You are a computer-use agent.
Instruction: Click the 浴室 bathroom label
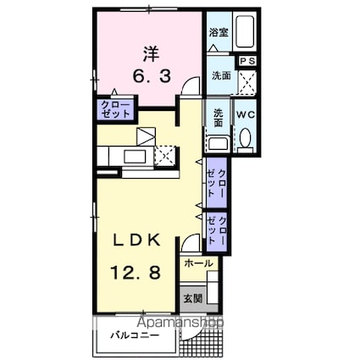(x=219, y=33)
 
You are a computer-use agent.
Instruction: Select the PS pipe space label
(x=247, y=61)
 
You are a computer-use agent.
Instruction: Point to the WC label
(x=246, y=115)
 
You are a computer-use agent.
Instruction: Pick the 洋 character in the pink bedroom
(x=151, y=54)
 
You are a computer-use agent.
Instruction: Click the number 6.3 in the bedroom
(x=152, y=76)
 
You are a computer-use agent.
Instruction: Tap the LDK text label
(x=137, y=241)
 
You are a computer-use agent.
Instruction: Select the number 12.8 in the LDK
(x=136, y=273)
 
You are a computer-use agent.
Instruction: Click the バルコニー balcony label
(x=135, y=335)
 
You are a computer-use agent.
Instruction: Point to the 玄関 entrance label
(x=193, y=298)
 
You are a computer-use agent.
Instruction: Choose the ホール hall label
(x=198, y=263)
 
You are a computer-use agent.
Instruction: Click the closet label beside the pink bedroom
(x=116, y=109)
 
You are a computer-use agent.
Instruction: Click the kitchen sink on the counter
(x=135, y=157)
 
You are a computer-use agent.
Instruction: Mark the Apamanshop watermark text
(x=181, y=323)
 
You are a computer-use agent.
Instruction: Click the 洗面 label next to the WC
(x=218, y=118)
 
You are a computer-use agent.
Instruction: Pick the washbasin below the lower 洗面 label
(x=219, y=142)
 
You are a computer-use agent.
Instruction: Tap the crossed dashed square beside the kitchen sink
(x=165, y=156)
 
